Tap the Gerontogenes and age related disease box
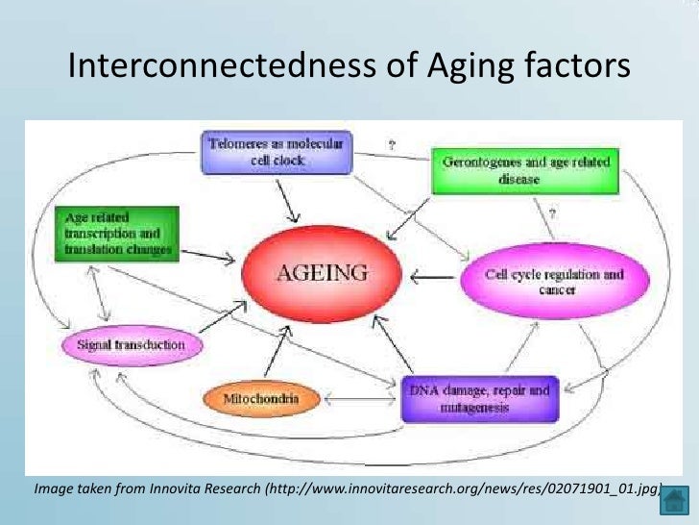[526, 170]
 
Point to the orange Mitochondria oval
[261, 397]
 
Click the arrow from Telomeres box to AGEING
[287, 199]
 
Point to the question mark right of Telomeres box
[391, 145]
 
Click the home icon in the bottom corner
[676, 500]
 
